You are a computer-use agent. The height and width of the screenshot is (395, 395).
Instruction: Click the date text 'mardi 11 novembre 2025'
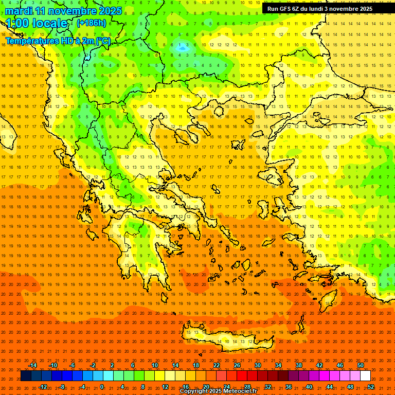[64, 11]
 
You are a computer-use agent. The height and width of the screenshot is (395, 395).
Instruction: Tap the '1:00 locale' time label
[37, 23]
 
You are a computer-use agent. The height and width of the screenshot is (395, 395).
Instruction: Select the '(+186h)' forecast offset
[91, 23]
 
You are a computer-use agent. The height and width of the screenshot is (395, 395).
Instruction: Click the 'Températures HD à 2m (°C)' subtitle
[58, 41]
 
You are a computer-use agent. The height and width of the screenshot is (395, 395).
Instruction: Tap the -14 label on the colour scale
[32, 365]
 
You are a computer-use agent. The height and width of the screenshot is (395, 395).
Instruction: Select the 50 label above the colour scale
[360, 365]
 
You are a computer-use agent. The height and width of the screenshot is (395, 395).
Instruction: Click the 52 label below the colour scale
[371, 387]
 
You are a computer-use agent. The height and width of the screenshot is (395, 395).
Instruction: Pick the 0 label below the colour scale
[101, 387]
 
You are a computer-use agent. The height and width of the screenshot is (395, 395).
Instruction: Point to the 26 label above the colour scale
[237, 365]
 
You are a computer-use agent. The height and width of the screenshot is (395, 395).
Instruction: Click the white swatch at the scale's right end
[365, 376]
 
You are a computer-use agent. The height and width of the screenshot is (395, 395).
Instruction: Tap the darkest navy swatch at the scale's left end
[26, 376]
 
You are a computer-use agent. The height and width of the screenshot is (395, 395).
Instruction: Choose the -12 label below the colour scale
[43, 387]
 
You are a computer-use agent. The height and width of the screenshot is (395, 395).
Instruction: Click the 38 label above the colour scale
[298, 365]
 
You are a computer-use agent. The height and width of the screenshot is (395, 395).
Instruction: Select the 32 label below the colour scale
[267, 387]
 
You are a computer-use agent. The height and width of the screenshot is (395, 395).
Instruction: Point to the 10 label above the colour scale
[155, 365]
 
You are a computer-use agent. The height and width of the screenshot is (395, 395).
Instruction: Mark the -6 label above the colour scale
[72, 365]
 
